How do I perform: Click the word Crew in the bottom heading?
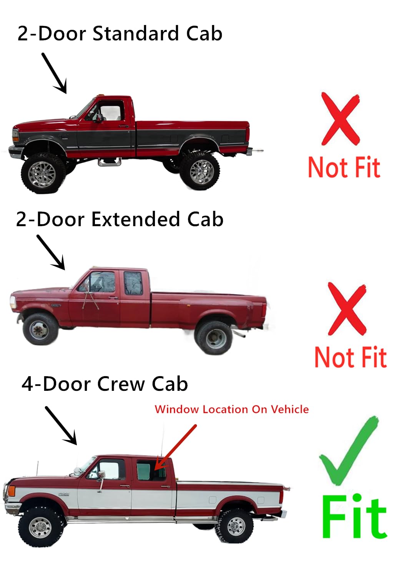click(121, 384)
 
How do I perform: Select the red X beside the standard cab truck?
click(341, 119)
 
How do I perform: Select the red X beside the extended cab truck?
click(347, 309)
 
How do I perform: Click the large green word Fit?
click(354, 517)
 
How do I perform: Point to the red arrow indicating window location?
click(175, 447)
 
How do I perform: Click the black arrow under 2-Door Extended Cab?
click(51, 252)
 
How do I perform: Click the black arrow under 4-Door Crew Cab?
click(61, 425)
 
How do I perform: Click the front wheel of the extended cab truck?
click(40, 329)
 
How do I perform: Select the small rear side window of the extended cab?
click(133, 283)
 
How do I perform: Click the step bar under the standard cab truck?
click(110, 162)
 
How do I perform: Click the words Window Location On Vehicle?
click(231, 409)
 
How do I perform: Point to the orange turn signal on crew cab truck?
click(12, 491)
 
